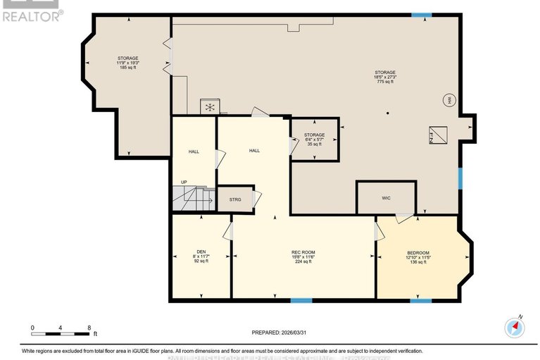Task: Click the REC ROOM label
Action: coord(303,252)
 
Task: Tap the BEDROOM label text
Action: coord(417,253)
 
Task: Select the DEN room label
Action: coord(201,252)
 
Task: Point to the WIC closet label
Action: coord(386,198)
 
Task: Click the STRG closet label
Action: coord(235,200)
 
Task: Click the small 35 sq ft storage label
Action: coord(314,144)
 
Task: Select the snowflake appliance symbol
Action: coord(209,107)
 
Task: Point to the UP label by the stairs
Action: coord(184,182)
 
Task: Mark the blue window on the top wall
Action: coord(422,15)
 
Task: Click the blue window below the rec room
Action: coord(301,301)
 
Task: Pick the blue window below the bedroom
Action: coord(420,301)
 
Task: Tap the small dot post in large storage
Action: coord(387,113)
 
